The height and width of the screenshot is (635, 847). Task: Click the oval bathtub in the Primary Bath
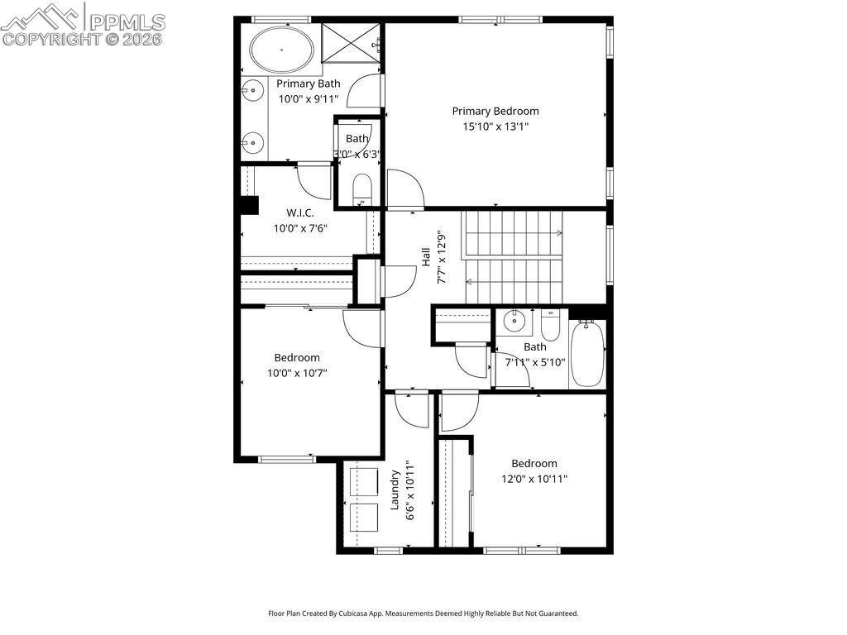click(282, 50)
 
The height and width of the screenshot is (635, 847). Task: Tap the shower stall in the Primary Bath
click(352, 41)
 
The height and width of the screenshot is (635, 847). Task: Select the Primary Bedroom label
click(495, 111)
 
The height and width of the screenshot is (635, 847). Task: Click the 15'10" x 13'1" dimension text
click(495, 127)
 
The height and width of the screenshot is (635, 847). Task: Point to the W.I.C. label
click(300, 212)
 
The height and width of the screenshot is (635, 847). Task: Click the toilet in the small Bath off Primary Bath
click(361, 189)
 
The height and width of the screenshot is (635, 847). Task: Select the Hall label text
click(425, 257)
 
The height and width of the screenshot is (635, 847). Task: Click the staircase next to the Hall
click(513, 257)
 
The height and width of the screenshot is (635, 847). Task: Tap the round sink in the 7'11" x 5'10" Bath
click(514, 319)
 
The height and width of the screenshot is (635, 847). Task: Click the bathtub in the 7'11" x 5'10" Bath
click(588, 353)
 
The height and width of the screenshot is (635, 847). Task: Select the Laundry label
click(395, 489)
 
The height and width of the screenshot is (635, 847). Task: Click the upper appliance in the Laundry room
click(361, 480)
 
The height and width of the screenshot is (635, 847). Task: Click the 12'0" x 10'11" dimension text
click(534, 479)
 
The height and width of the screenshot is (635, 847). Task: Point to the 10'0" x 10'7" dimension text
click(297, 373)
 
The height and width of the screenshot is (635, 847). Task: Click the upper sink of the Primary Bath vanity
click(251, 89)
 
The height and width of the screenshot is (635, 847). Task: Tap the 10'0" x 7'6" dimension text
click(300, 228)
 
